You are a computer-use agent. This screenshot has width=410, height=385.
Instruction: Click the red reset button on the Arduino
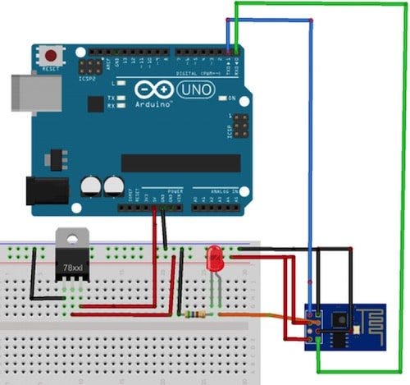[x=52, y=56]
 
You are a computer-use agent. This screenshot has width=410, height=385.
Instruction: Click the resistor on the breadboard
[x=197, y=314]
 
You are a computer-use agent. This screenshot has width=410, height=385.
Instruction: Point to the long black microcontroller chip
[x=180, y=163]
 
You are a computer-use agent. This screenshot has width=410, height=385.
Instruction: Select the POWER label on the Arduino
[x=175, y=191]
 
